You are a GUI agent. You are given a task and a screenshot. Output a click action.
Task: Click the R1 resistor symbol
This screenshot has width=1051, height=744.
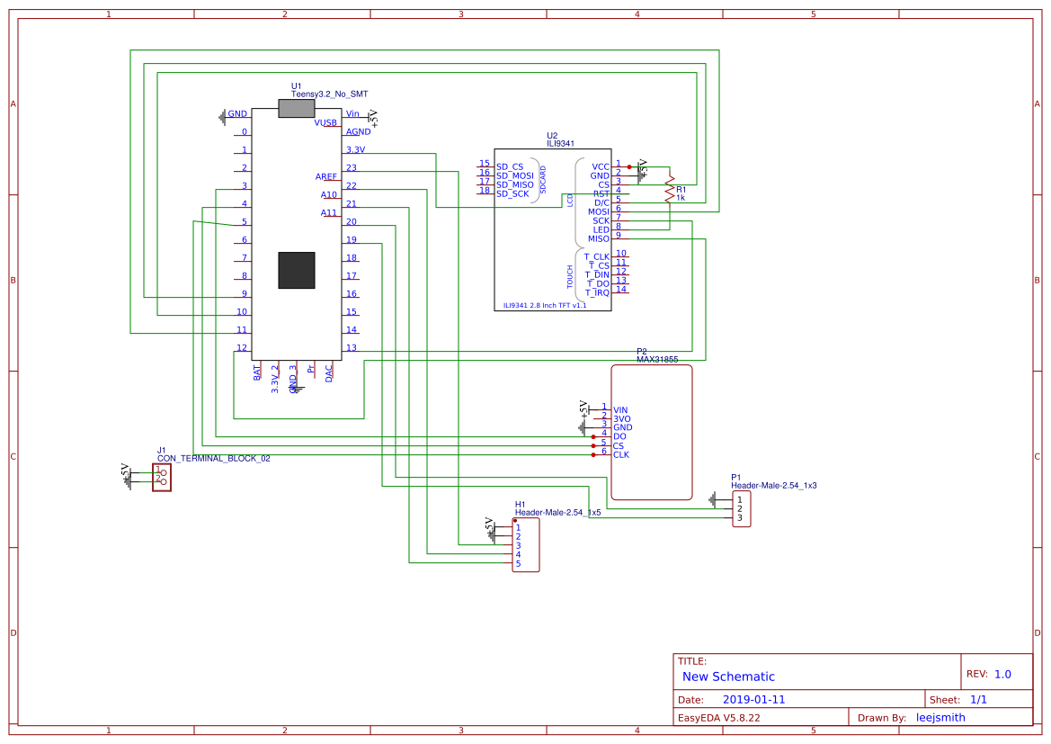pyautogui.click(x=669, y=192)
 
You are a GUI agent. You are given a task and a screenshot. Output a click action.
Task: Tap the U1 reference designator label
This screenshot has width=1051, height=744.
pyautogui.click(x=297, y=85)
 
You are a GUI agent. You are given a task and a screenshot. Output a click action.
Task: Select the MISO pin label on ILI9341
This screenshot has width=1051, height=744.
pyautogui.click(x=598, y=238)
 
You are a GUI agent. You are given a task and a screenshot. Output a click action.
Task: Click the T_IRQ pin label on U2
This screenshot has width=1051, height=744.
pyautogui.click(x=597, y=292)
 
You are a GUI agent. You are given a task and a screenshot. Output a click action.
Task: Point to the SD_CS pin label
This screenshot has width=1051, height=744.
pyautogui.click(x=510, y=167)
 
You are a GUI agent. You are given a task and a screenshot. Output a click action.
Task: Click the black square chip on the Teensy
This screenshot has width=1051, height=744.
pyautogui.click(x=297, y=270)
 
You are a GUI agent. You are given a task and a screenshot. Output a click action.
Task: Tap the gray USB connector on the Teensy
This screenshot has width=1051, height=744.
pyautogui.click(x=297, y=109)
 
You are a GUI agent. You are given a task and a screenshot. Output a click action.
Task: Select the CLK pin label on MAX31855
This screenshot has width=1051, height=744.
pyautogui.click(x=621, y=455)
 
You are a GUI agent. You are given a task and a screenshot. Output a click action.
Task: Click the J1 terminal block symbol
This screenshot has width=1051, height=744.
pyautogui.click(x=162, y=477)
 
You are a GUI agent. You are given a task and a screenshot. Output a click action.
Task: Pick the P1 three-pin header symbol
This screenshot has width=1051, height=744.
pyautogui.click(x=741, y=508)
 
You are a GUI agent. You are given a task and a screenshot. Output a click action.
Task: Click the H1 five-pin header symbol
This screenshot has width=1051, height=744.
pyautogui.click(x=526, y=546)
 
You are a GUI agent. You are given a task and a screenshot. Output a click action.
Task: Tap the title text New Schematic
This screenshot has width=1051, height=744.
pyautogui.click(x=728, y=677)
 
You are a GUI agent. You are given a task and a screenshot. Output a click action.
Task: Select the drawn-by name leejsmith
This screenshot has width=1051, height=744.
pyautogui.click(x=940, y=718)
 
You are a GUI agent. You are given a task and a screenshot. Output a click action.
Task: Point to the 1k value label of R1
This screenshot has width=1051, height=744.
pyautogui.click(x=681, y=198)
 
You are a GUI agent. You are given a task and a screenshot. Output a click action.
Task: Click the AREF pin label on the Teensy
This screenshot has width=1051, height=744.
pyautogui.click(x=326, y=176)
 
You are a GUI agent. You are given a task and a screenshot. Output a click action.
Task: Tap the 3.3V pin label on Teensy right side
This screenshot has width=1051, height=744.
pyautogui.click(x=355, y=149)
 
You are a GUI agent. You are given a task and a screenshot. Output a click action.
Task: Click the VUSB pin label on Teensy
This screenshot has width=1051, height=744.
pyautogui.click(x=325, y=122)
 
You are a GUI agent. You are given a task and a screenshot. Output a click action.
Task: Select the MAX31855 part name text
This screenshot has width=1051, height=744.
pyautogui.click(x=657, y=360)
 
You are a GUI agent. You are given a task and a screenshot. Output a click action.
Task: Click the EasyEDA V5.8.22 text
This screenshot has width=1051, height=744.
pyautogui.click(x=719, y=718)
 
